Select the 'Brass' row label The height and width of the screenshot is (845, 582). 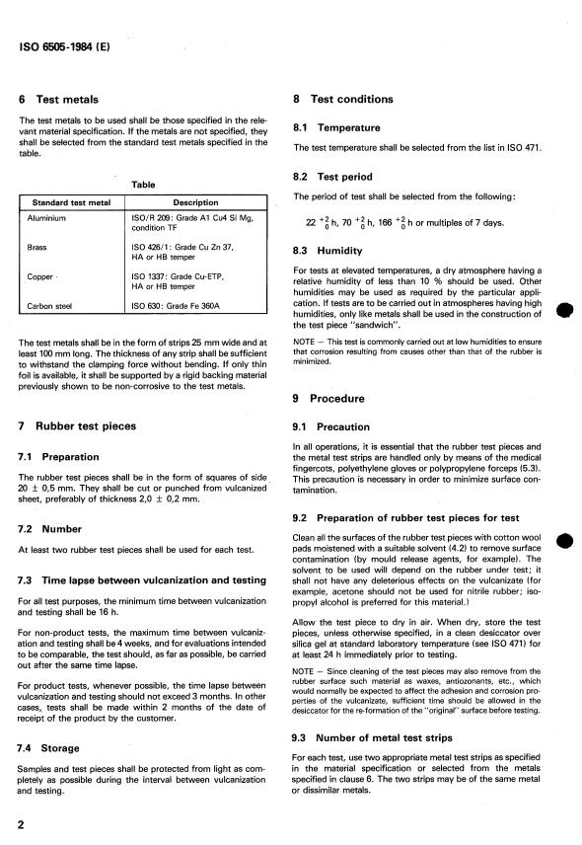(x=40, y=250)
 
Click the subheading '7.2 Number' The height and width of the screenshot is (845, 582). (x=52, y=528)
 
